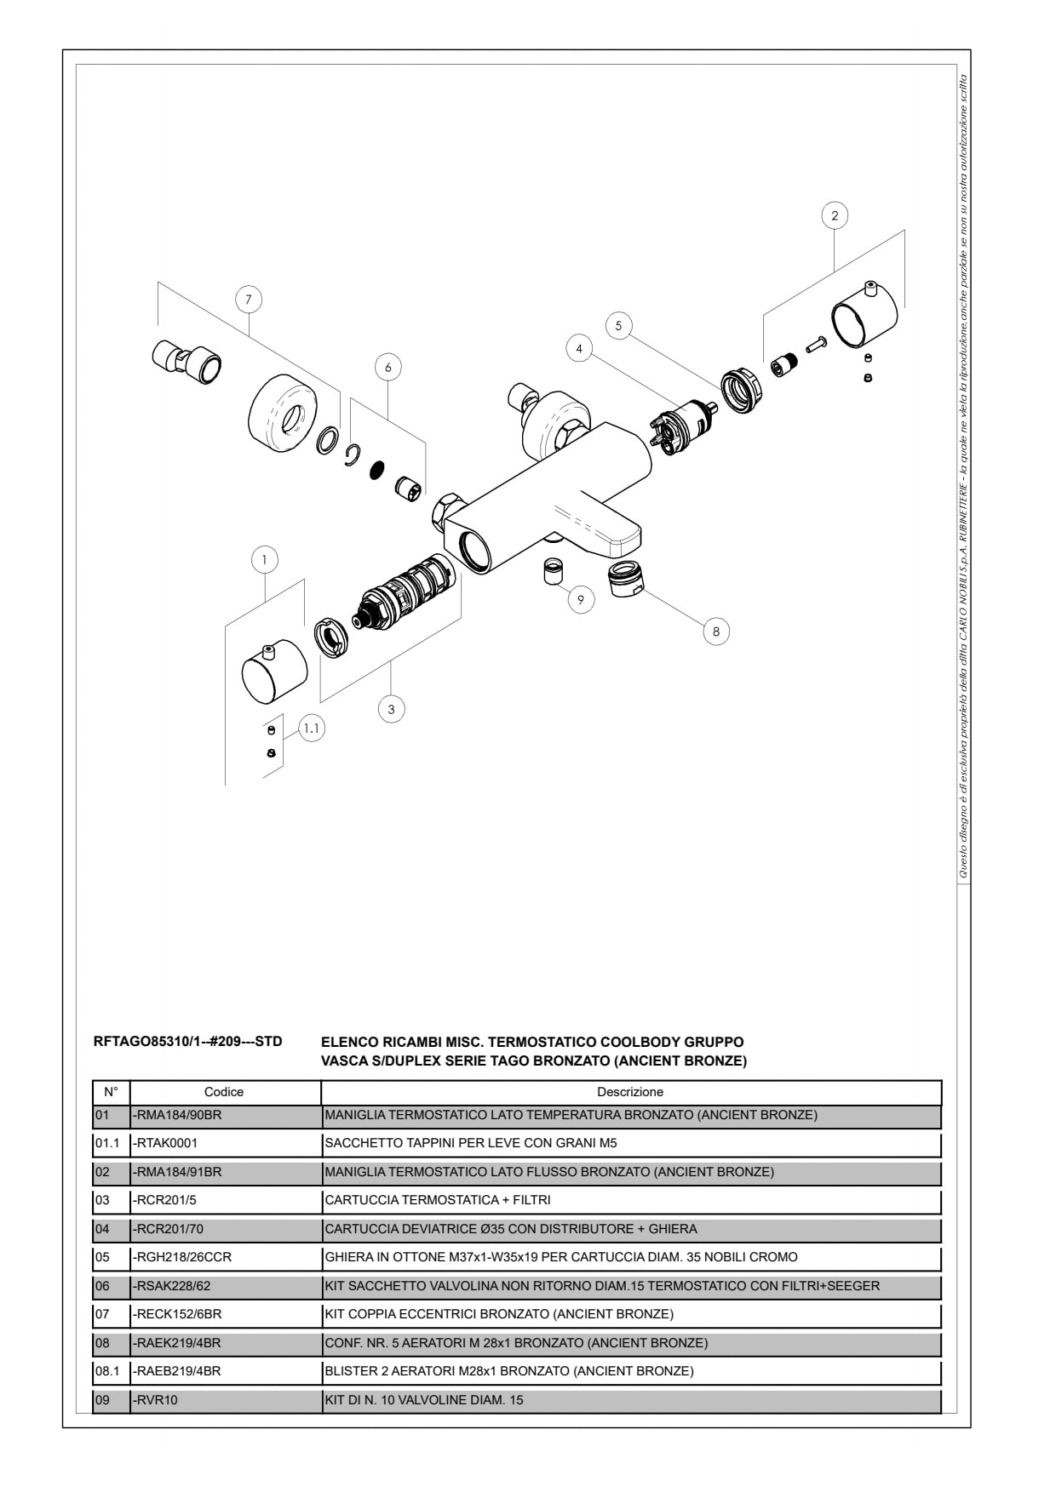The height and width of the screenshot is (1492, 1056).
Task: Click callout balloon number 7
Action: (249, 300)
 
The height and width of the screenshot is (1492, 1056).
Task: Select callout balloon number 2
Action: (835, 215)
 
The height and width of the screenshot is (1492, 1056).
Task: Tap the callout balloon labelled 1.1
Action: (313, 729)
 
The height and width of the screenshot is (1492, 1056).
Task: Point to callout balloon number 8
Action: (716, 632)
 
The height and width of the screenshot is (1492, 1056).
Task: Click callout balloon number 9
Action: (581, 600)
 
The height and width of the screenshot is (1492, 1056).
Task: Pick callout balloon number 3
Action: (391, 709)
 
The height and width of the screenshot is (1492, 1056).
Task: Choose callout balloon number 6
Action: (388, 368)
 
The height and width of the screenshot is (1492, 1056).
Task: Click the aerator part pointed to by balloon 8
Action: (628, 579)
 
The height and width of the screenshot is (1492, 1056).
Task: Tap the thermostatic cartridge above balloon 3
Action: (404, 594)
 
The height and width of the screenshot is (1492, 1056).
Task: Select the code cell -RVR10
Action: (156, 1400)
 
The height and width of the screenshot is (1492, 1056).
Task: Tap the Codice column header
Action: (224, 1092)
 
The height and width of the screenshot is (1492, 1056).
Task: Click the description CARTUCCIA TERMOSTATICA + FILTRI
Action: (438, 1200)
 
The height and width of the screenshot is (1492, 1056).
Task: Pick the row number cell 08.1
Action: (106, 1371)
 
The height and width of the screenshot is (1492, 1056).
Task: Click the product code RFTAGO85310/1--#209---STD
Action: (187, 1042)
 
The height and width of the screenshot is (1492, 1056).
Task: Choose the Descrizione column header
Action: (630, 1092)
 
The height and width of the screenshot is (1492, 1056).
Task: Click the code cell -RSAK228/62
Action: (173, 1286)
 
